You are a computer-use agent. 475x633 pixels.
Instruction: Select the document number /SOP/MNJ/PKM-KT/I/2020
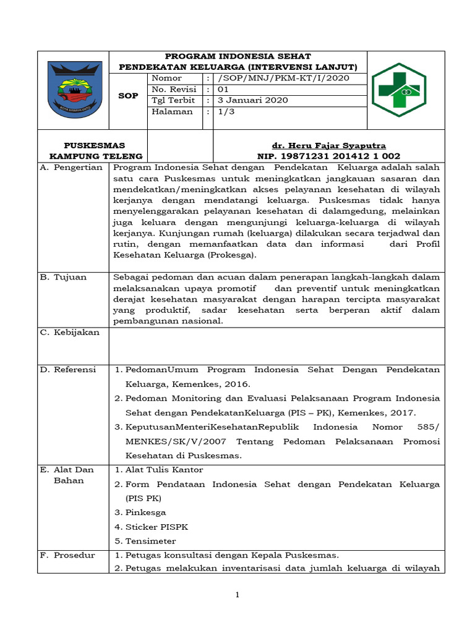(283, 78)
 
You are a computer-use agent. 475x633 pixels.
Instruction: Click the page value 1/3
(224, 112)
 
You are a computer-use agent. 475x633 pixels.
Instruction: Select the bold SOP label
(128, 96)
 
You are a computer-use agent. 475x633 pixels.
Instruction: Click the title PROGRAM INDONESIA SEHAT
(237, 56)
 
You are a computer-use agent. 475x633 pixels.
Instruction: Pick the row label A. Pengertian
(71, 168)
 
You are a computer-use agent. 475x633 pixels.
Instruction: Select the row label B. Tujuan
(64, 277)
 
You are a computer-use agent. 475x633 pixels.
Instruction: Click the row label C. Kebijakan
(69, 333)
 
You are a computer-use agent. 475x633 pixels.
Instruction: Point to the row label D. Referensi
(68, 370)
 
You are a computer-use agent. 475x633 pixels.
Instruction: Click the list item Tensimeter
(150, 541)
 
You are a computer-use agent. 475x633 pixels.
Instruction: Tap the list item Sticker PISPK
(156, 527)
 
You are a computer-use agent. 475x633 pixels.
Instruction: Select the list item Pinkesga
(145, 512)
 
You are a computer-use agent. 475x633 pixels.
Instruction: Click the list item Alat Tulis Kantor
(164, 470)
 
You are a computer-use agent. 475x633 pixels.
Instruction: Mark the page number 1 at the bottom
(237, 595)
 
